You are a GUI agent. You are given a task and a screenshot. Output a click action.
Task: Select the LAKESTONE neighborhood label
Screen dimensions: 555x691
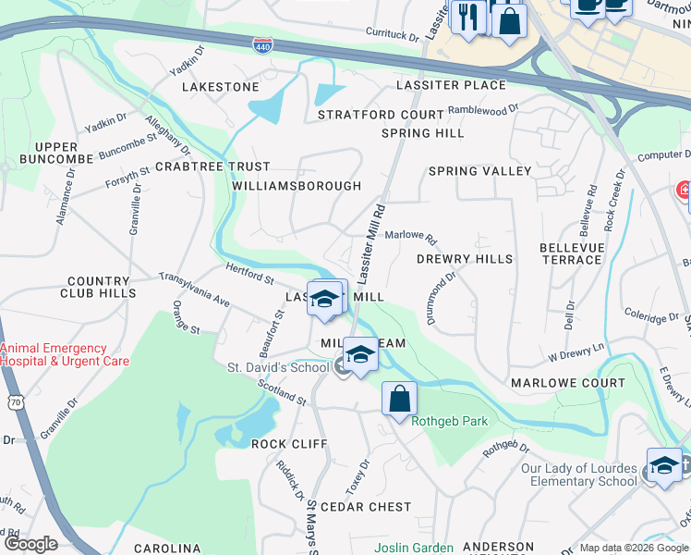tap(221, 87)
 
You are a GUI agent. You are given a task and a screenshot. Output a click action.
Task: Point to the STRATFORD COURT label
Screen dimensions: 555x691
tap(381, 115)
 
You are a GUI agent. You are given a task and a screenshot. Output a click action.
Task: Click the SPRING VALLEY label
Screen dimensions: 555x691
tap(479, 171)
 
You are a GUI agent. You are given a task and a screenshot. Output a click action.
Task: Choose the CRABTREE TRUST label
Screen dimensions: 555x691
tap(212, 166)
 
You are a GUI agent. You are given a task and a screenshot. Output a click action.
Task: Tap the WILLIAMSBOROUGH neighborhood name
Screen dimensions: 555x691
tap(297, 186)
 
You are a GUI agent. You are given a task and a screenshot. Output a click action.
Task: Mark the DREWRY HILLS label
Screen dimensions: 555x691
tap(465, 259)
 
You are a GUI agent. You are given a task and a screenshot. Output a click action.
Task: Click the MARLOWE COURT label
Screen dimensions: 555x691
tap(567, 383)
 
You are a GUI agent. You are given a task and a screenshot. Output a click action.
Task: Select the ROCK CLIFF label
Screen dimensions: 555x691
tap(289, 444)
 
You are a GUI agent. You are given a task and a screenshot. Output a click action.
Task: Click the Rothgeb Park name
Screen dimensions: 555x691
tap(449, 422)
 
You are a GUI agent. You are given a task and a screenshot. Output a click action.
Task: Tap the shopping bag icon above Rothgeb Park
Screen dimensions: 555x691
tap(399, 399)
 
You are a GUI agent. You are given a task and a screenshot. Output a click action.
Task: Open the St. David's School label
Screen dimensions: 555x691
tap(278, 368)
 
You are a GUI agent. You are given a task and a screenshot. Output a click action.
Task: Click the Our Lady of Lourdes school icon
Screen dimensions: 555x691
tap(664, 466)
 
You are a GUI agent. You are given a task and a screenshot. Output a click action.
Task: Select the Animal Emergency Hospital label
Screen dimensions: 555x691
tap(65, 355)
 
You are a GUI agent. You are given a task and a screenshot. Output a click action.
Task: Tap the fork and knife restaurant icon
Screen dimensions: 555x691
tap(469, 18)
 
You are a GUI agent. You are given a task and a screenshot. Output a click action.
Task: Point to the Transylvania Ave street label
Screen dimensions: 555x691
tap(194, 290)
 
